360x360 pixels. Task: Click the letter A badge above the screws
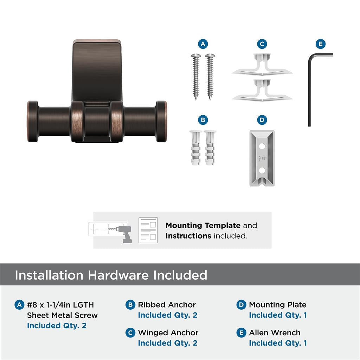[203, 44]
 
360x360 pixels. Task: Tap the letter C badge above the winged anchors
[262, 44]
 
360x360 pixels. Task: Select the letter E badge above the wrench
[320, 44]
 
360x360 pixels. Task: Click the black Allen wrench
[310, 91]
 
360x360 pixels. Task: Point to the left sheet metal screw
[195, 76]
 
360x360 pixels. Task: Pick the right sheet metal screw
[210, 76]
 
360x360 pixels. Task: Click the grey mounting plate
[262, 158]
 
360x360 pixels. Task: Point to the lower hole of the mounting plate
[262, 171]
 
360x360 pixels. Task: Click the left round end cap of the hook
[33, 122]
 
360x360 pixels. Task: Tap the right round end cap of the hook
[161, 122]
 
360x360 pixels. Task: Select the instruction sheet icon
[148, 230]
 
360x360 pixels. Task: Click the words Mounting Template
[203, 225]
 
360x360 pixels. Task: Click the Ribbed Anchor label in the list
[167, 305]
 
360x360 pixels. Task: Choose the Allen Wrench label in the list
[275, 333]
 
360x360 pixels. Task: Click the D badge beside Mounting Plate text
[241, 305]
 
